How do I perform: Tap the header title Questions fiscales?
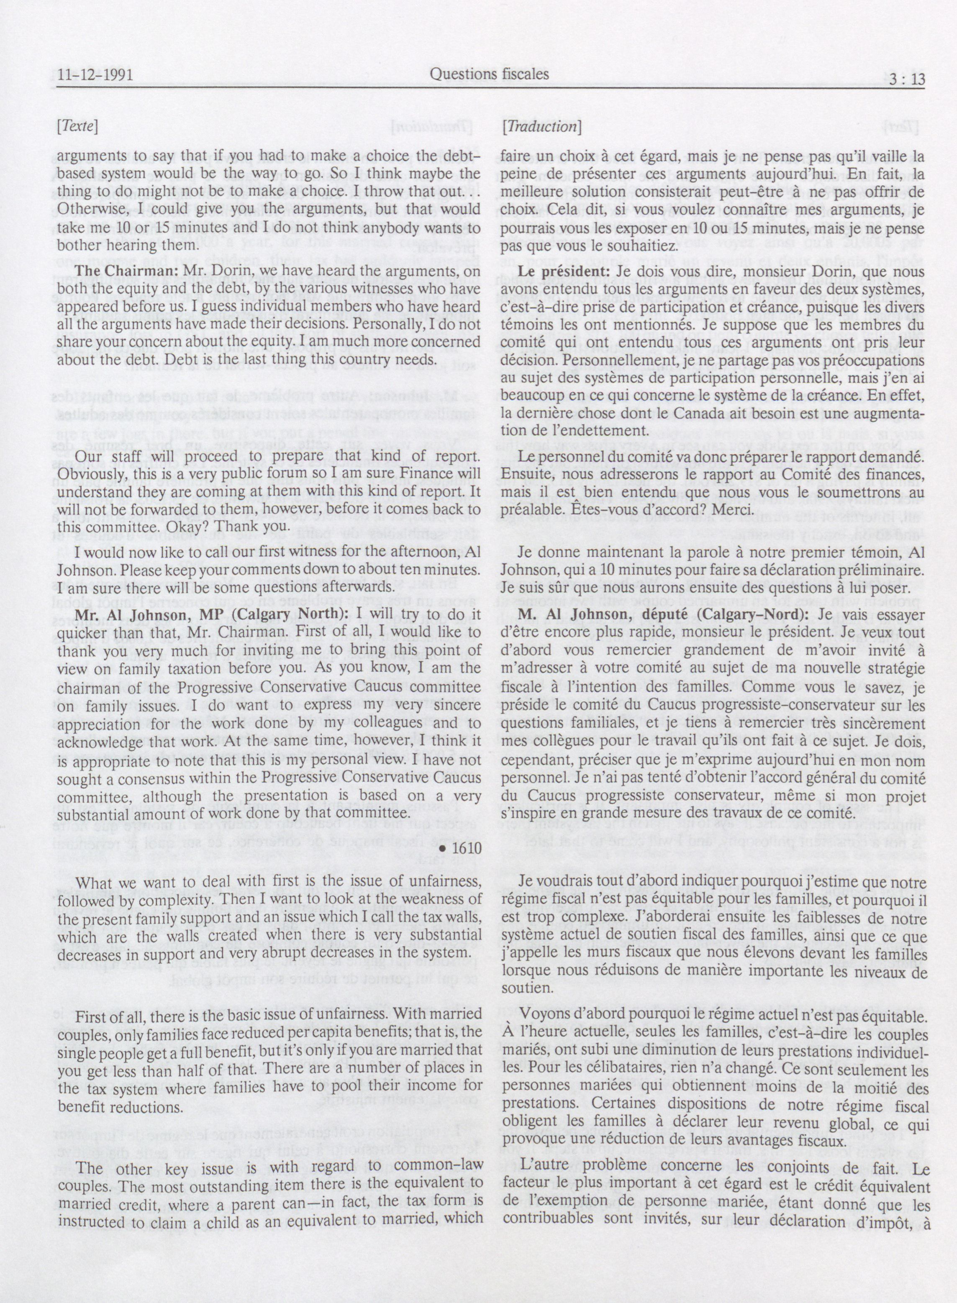490,74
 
